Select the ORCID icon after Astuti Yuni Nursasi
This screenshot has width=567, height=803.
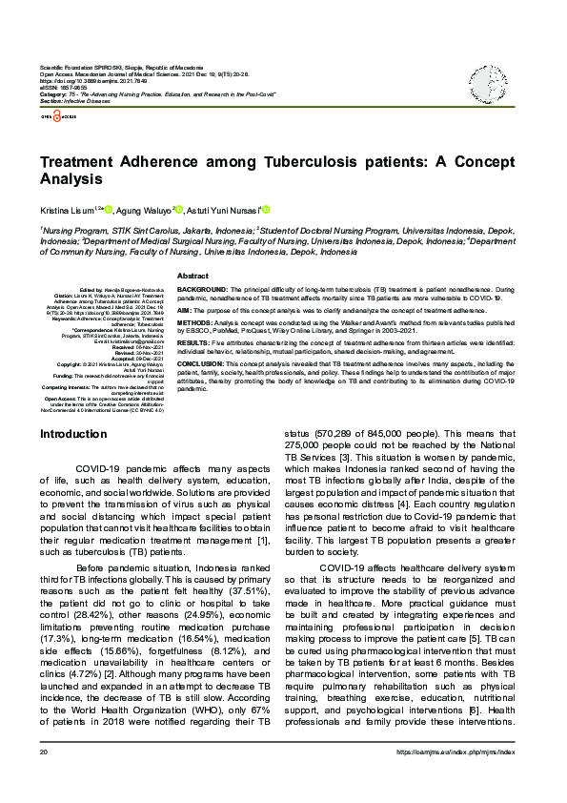(266, 209)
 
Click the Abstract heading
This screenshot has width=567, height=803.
(193, 275)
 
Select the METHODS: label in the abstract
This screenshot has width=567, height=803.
(197, 323)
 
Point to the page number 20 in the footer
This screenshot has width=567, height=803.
(44, 779)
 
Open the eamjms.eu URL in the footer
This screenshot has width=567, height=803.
(464, 779)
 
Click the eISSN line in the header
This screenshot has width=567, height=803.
(60, 89)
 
